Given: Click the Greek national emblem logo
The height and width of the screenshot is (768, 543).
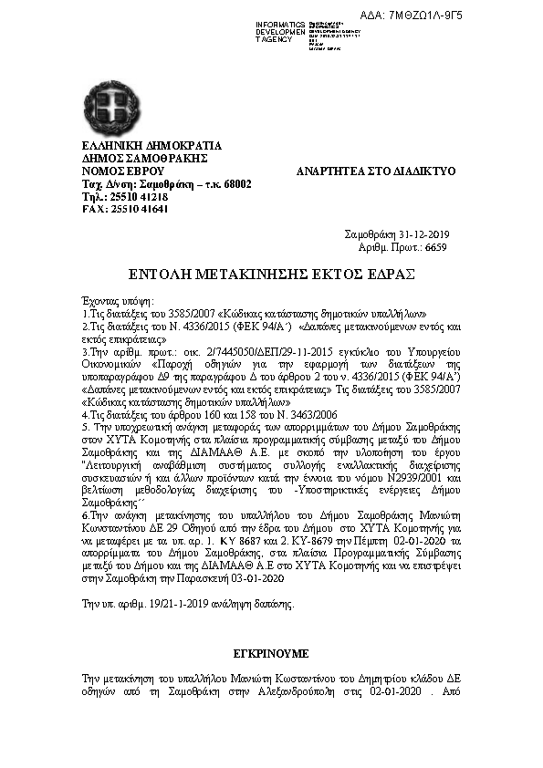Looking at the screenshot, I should [112, 106].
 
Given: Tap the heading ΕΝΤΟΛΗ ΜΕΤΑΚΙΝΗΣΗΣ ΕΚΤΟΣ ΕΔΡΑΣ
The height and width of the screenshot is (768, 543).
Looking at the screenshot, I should [271, 274].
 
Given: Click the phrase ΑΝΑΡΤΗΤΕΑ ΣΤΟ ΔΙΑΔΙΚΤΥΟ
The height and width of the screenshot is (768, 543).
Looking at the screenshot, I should [376, 171].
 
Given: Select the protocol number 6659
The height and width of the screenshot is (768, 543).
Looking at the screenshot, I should [435, 246].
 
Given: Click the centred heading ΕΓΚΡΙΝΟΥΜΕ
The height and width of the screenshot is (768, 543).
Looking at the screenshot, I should [270, 654].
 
